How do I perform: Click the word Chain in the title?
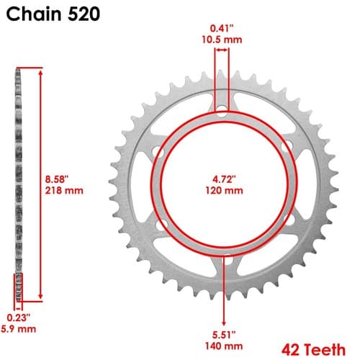coord(34,14)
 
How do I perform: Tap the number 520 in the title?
coord(84,14)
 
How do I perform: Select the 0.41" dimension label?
coord(222,28)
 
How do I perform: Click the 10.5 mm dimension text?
coord(222,40)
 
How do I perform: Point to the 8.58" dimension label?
coord(57,179)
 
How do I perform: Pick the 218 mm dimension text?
coord(64,191)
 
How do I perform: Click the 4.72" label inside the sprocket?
coord(224,179)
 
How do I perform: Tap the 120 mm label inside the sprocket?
coord(224,191)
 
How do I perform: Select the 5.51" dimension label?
coord(224,335)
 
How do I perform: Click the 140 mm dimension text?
coord(224,346)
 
